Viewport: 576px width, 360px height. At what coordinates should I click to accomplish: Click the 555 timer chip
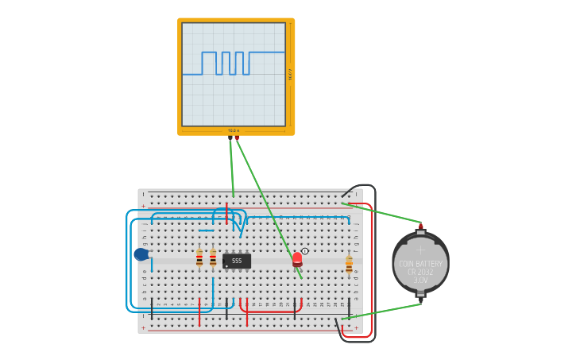pos(237,261)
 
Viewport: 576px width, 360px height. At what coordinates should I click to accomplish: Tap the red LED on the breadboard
pos(297,258)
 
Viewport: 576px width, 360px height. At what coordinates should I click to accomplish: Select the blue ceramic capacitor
pos(141,254)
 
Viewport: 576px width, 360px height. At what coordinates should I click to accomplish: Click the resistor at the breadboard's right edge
pos(349,264)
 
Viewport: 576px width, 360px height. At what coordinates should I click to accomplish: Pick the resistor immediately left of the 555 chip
pos(213,258)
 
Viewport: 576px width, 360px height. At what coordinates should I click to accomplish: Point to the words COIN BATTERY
pos(420,264)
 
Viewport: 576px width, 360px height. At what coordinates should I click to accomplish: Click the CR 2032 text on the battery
pos(420,272)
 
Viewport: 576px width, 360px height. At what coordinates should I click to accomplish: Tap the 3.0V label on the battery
pos(420,280)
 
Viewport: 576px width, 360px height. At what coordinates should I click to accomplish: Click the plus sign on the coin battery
pos(420,250)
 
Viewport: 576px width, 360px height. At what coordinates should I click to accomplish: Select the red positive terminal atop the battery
pos(421,226)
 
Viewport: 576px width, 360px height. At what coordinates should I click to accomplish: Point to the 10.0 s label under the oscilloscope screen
pos(233,130)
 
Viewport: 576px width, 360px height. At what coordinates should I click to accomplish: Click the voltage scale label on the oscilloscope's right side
pos(290,74)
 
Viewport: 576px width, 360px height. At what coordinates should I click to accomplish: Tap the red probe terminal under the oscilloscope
pos(237,137)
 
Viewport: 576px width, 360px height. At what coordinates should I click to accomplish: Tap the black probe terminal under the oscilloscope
pos(230,137)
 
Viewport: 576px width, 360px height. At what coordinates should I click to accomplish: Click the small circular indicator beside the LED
pos(305,250)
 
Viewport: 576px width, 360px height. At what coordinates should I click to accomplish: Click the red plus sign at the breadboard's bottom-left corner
pos(143,327)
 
